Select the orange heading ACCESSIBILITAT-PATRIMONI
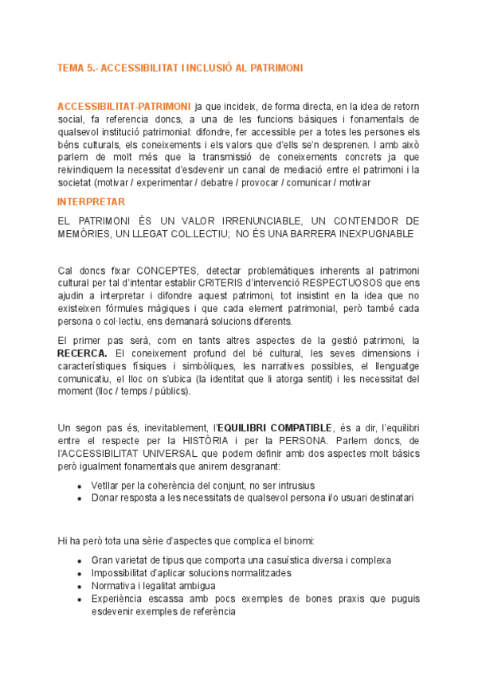pos(123,106)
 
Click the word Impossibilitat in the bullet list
pos(122,573)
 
